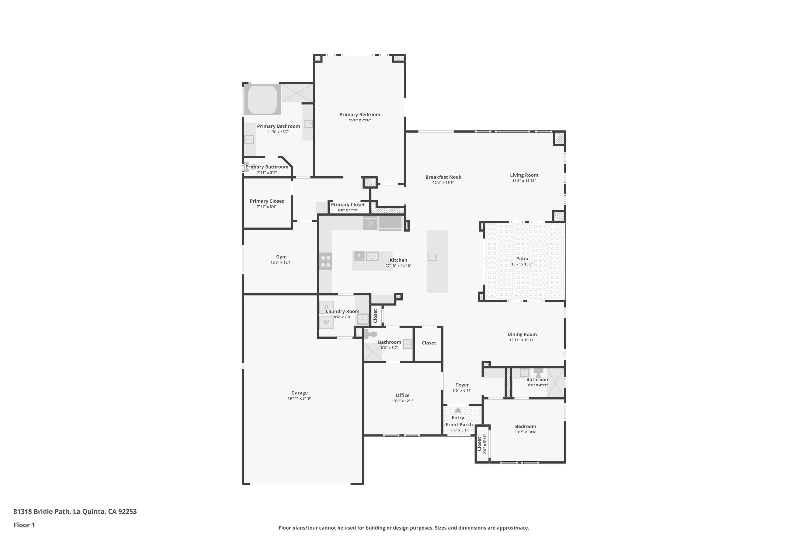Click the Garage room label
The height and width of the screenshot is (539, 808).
coord(299,393)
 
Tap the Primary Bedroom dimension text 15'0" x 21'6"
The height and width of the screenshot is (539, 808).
coord(360,120)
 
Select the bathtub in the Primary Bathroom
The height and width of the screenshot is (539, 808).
coord(262,100)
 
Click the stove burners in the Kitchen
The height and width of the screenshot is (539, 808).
coord(326,261)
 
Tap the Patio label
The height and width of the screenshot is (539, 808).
coord(522,258)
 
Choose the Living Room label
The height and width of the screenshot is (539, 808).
coord(524,175)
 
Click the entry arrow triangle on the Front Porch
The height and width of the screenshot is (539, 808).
coord(458,410)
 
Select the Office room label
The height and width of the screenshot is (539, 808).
coord(403,395)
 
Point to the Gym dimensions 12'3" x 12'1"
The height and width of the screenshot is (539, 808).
coord(281,262)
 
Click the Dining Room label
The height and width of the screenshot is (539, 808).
coord(522,334)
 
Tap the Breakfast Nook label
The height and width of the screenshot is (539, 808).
coord(443,177)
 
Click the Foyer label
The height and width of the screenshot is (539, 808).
coord(462,385)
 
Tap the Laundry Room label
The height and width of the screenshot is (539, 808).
coord(343,311)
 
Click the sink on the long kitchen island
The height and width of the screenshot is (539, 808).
coord(432,257)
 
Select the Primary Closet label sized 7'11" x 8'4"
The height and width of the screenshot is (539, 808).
coord(267,201)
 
